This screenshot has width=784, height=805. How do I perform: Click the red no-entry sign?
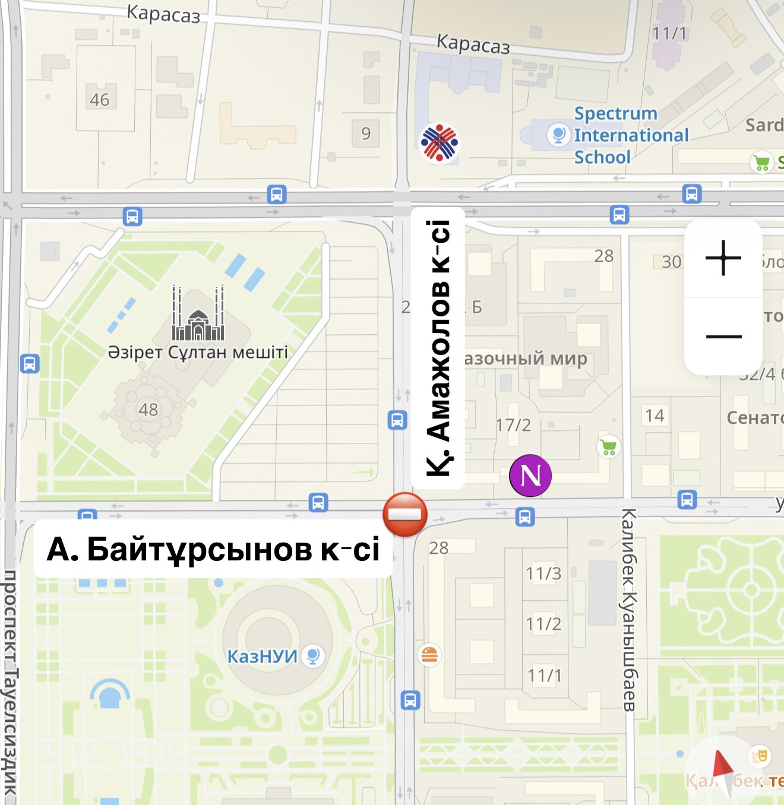point(405,514)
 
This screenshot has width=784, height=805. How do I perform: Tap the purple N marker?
point(530,476)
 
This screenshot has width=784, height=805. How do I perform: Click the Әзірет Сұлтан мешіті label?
point(198,352)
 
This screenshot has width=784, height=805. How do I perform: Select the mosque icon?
point(198,314)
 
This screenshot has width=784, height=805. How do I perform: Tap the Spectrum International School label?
point(631,135)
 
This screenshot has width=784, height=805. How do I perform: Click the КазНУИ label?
point(263,656)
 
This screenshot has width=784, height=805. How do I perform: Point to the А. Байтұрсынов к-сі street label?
point(213,549)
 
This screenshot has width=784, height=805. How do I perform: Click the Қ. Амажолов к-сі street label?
point(438,348)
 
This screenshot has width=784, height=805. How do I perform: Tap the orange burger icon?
point(429,654)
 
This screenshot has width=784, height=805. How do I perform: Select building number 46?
point(100,100)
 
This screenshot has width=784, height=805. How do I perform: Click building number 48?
point(148,410)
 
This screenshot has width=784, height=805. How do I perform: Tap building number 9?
point(366,134)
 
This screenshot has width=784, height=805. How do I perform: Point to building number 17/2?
point(513,425)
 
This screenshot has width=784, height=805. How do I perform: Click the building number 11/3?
point(543,573)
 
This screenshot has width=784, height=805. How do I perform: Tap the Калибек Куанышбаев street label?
point(629,609)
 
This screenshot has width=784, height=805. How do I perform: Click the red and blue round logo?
point(440,143)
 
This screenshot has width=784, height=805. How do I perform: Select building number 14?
point(655,416)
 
